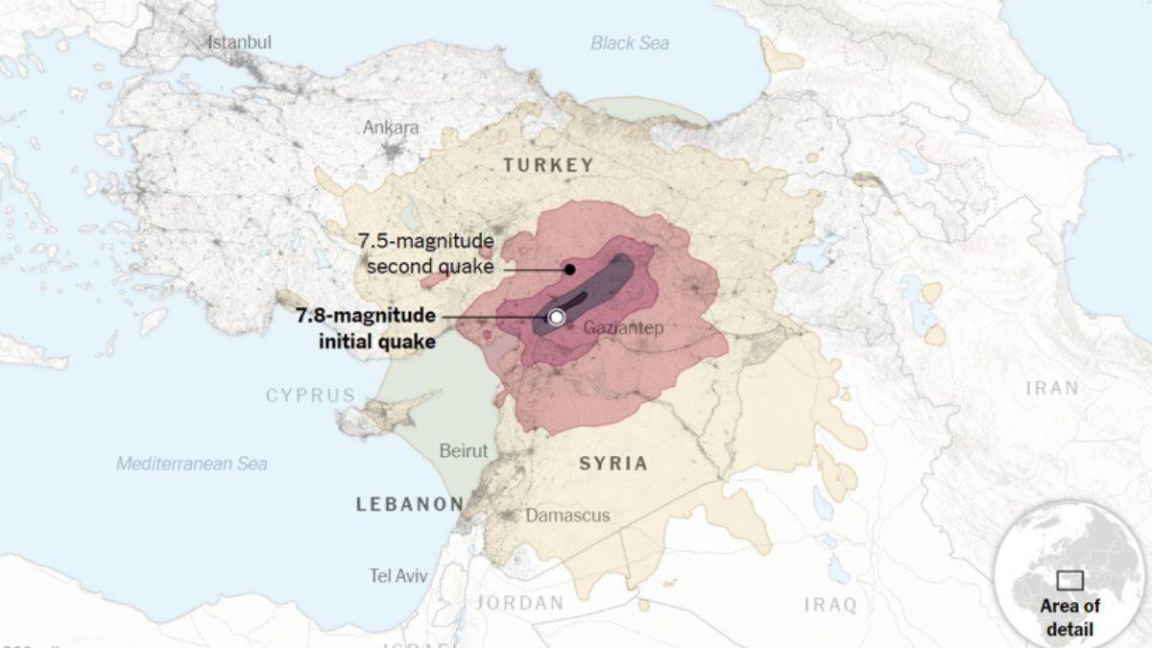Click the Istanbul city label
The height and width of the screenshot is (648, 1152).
pyautogui.click(x=240, y=42)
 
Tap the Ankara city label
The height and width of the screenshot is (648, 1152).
pyautogui.click(x=391, y=128)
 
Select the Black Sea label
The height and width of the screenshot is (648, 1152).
pyautogui.click(x=630, y=43)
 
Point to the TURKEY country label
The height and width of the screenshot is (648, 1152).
pyautogui.click(x=549, y=165)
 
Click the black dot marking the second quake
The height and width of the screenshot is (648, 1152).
pyautogui.click(x=569, y=269)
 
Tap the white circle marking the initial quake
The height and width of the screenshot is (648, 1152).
pyautogui.click(x=556, y=317)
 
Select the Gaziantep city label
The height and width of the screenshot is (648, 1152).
pyautogui.click(x=623, y=328)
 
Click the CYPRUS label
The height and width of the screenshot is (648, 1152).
pyautogui.click(x=310, y=396)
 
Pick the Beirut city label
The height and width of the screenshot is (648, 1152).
pyautogui.click(x=463, y=450)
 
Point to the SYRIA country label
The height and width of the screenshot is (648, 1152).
pyautogui.click(x=612, y=464)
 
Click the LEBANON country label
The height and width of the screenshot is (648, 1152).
pyautogui.click(x=410, y=504)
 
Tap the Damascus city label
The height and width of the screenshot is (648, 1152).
pyautogui.click(x=566, y=516)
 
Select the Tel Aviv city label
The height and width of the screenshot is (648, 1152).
pyautogui.click(x=398, y=576)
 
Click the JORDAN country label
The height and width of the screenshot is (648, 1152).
pyautogui.click(x=520, y=604)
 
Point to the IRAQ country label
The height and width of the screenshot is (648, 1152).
pyautogui.click(x=829, y=605)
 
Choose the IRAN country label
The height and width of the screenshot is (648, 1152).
pyautogui.click(x=1052, y=389)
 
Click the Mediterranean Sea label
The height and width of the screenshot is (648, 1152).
pyautogui.click(x=192, y=464)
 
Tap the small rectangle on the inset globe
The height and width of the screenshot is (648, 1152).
pyautogui.click(x=1069, y=580)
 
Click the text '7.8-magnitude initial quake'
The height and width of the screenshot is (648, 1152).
pyautogui.click(x=365, y=328)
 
